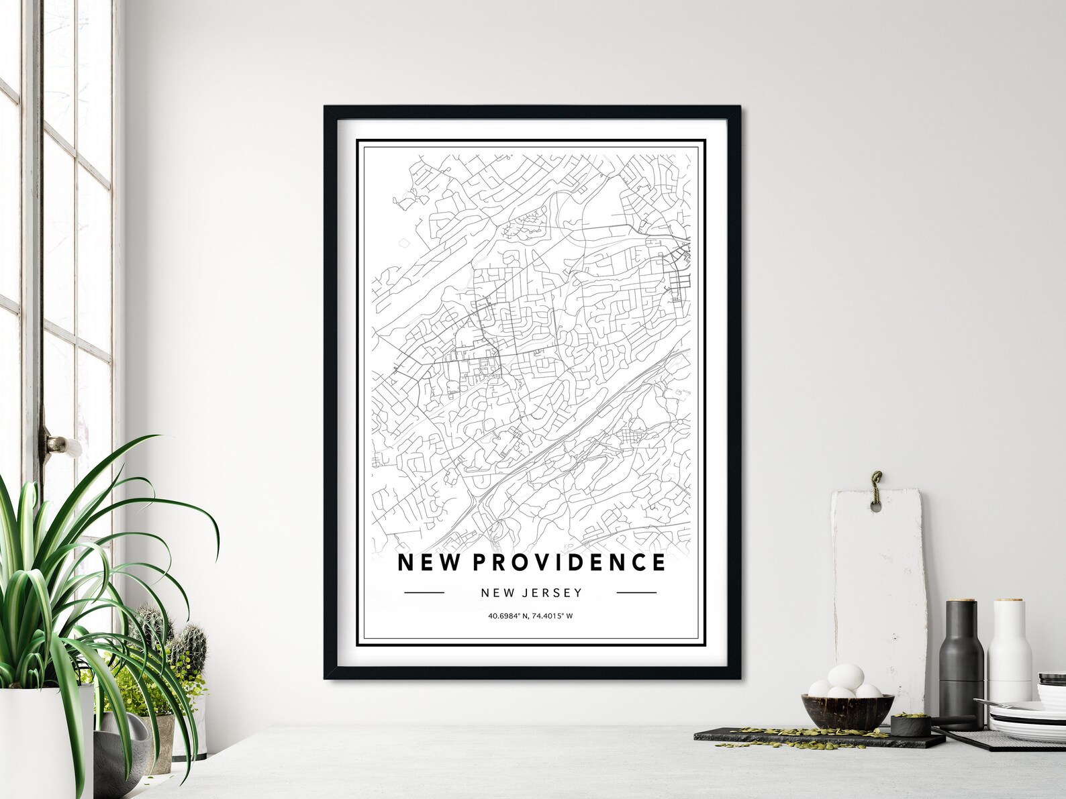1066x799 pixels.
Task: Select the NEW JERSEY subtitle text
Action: point(531,592)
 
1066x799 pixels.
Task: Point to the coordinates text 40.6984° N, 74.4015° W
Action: point(530,616)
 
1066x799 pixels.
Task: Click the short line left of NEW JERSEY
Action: point(424,592)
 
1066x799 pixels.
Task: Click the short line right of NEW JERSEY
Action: point(636,592)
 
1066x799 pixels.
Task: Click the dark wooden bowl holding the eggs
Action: point(847,710)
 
